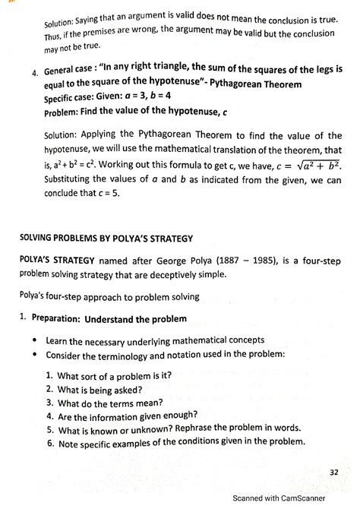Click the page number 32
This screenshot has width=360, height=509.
click(333, 472)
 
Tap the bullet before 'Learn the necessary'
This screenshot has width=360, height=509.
click(35, 341)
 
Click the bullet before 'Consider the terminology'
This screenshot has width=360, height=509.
click(35, 355)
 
